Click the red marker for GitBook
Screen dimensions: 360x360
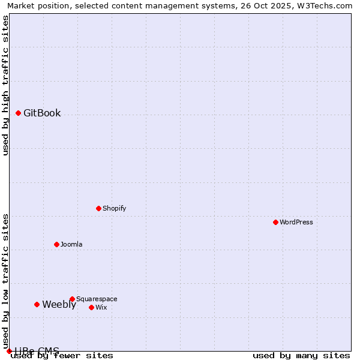19,113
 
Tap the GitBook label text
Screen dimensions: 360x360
42,113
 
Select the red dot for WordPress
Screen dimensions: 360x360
275,222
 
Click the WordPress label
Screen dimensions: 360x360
296,222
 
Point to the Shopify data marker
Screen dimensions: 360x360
99,208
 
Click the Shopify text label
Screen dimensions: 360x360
114,209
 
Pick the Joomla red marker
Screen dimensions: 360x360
57,244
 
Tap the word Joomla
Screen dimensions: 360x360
71,245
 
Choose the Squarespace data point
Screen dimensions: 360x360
72,299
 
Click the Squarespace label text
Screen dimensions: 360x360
97,299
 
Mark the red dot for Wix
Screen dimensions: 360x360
91,307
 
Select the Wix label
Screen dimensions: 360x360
101,308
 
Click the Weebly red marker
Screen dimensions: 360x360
37,304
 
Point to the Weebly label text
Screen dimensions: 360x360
59,305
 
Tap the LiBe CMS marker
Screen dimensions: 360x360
9,351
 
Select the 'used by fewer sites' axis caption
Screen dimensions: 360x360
62,356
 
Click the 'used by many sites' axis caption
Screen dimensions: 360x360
301,356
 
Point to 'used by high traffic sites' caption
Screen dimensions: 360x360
6,85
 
